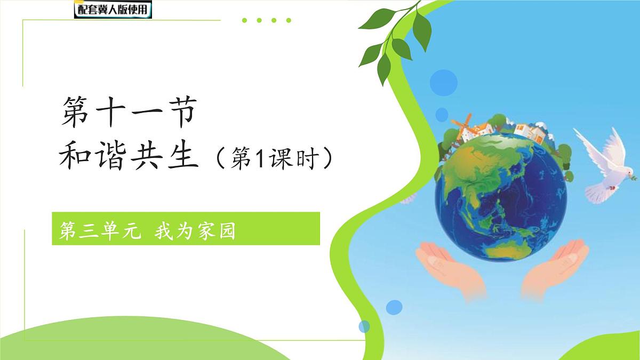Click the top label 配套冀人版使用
point(113,10)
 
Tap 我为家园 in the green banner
point(195,233)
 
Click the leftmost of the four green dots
point(244,21)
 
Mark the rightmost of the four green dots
point(289,21)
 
